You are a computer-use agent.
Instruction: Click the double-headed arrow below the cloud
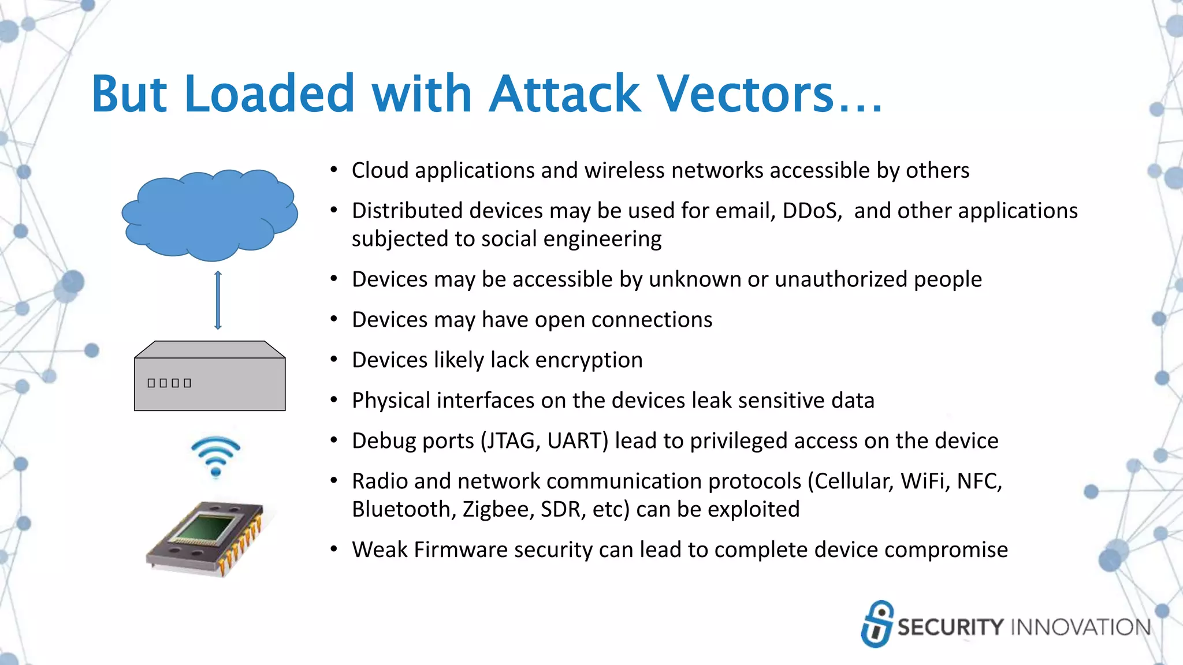pyautogui.click(x=218, y=300)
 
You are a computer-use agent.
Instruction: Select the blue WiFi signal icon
pyautogui.click(x=215, y=456)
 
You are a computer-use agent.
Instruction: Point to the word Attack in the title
pyautogui.click(x=564, y=94)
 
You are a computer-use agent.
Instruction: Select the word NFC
pyautogui.click(x=979, y=481)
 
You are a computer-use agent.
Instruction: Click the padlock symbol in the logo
pyautogui.click(x=877, y=624)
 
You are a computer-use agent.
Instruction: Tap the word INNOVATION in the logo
pyautogui.click(x=1081, y=627)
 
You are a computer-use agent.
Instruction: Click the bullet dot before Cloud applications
pyautogui.click(x=333, y=170)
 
